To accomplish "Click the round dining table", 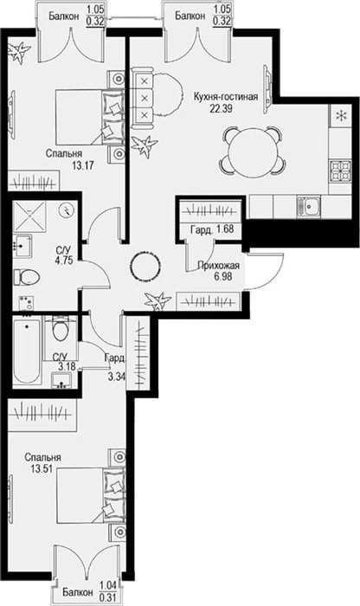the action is point(251,151).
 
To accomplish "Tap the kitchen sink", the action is point(309,206).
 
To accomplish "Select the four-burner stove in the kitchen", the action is point(340,171).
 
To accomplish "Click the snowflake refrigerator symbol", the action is point(341,115).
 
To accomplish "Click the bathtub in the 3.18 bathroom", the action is point(27,350).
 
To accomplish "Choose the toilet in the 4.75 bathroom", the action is point(27,277).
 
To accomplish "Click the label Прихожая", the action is point(218,266).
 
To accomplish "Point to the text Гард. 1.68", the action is point(212,229).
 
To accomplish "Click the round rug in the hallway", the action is point(145,267).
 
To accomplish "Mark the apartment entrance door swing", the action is point(265,271).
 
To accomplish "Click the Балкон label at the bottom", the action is point(78,592).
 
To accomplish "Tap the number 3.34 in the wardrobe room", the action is point(116,376).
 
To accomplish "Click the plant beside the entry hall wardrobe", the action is point(157,301).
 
